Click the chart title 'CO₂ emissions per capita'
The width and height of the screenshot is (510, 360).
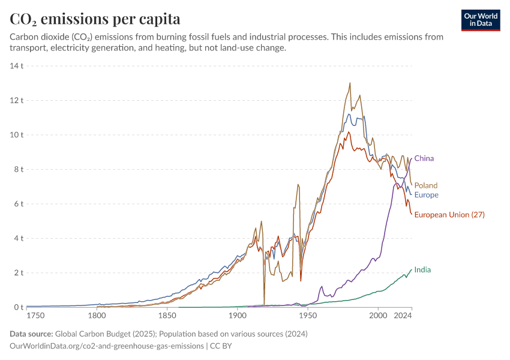click(95, 19)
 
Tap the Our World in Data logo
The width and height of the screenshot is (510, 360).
click(481, 19)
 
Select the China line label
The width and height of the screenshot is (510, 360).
click(424, 158)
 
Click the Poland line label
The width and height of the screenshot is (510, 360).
click(425, 185)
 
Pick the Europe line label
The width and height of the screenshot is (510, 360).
click(426, 195)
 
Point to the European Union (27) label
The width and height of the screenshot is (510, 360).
click(449, 215)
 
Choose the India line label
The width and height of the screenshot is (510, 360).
click(422, 270)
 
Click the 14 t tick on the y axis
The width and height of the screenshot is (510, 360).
click(16, 65)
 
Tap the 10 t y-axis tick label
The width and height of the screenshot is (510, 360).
click(16, 134)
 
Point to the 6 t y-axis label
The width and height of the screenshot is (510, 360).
click(18, 204)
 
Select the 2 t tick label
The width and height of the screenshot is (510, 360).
click(18, 273)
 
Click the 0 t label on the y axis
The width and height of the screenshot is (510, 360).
click(18, 307)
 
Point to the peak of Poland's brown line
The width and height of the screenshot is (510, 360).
click(350, 83)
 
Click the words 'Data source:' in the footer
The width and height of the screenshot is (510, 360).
click(31, 334)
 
